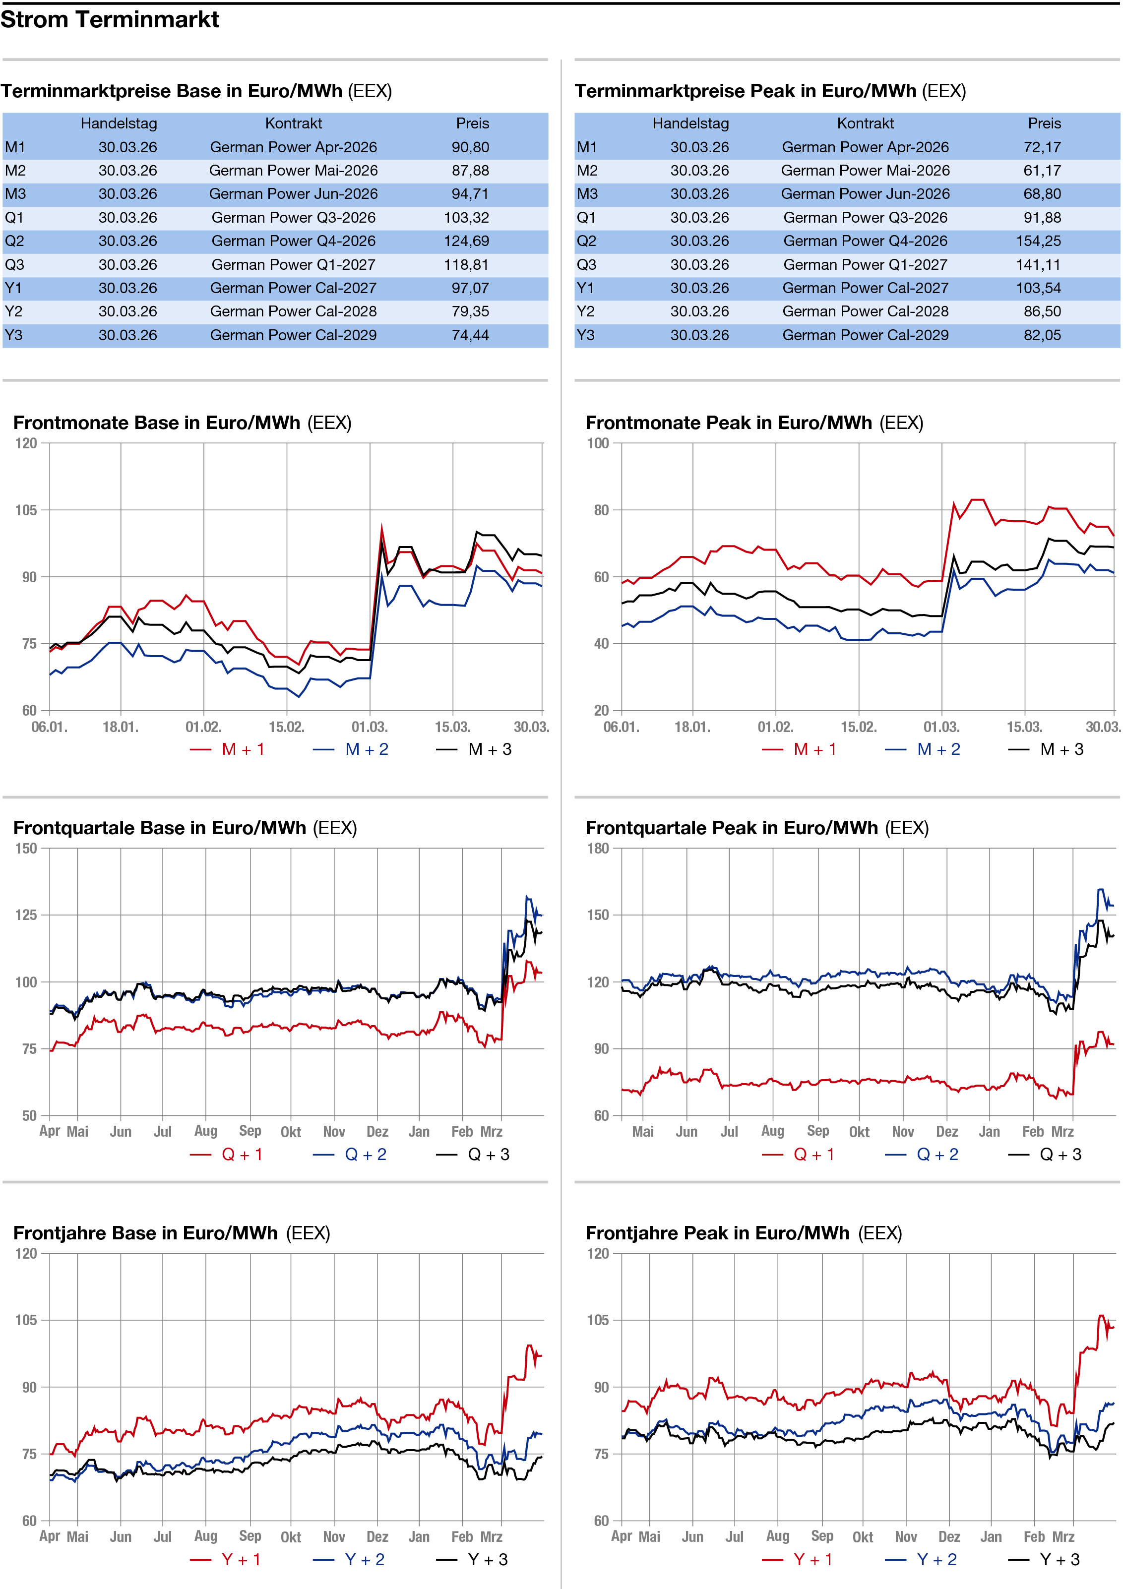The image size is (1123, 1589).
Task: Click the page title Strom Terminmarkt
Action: coord(110,19)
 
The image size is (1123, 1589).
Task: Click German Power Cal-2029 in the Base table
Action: coord(294,335)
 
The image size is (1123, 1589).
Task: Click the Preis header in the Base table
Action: coord(472,123)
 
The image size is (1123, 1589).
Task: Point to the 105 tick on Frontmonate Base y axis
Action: coord(26,510)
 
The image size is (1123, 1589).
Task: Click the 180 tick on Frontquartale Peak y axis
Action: coord(598,849)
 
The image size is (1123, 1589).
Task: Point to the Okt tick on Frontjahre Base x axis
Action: coord(291,1537)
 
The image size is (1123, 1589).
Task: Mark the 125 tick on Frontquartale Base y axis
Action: coord(26,915)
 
